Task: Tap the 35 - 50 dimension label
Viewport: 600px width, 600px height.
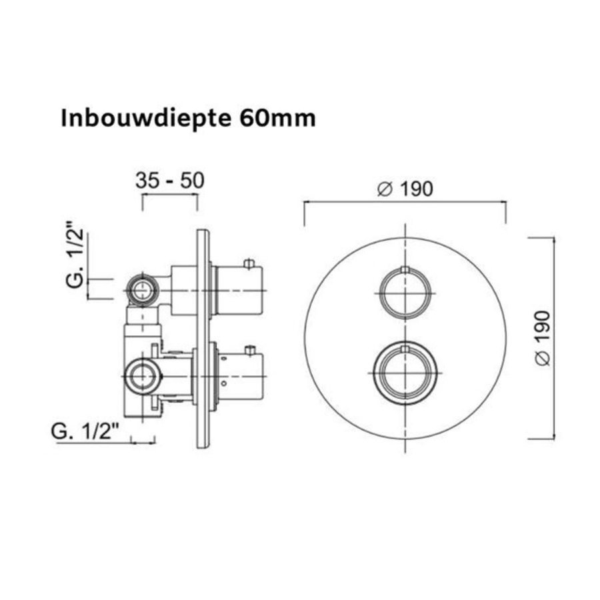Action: (x=169, y=181)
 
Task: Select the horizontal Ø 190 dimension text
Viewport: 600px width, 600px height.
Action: (x=405, y=189)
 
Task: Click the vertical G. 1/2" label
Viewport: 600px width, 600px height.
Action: (x=76, y=259)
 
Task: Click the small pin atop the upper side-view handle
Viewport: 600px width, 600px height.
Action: (x=250, y=263)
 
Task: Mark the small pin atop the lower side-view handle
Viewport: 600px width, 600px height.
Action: (x=250, y=349)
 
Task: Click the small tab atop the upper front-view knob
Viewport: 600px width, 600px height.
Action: (x=405, y=269)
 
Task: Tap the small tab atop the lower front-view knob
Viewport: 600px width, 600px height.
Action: (x=405, y=347)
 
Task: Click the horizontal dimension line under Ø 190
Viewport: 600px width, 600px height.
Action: (x=405, y=200)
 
